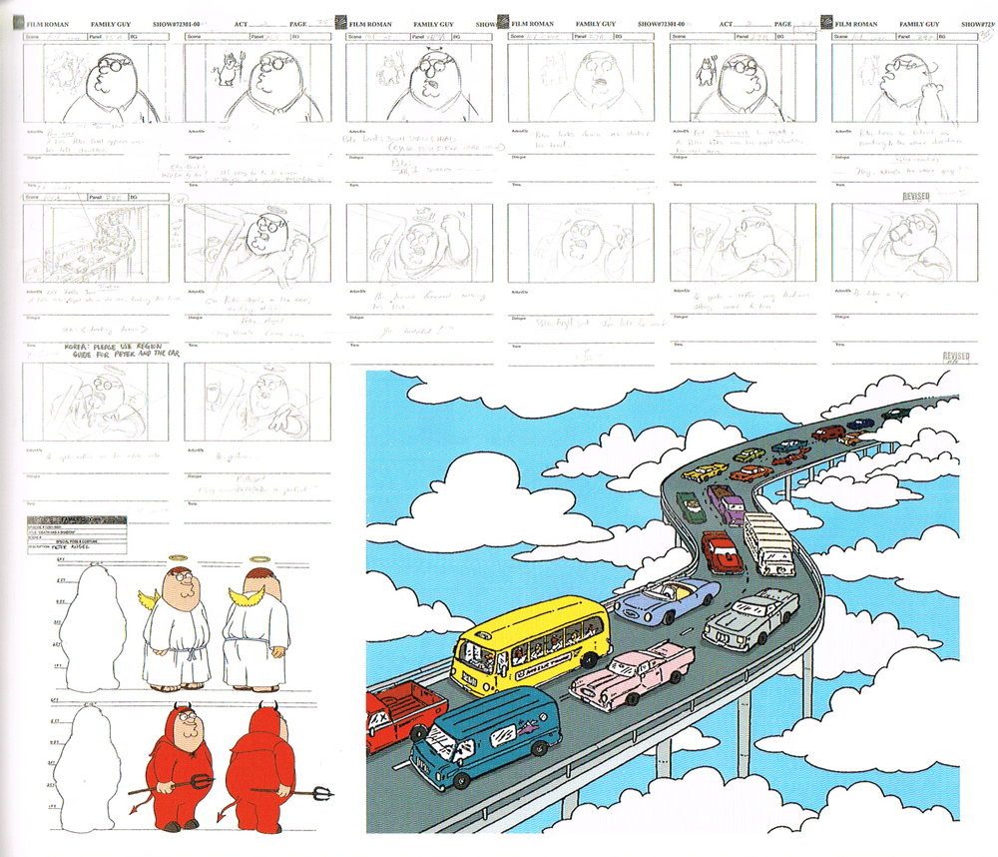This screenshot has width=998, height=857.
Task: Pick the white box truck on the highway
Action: pos(769,542)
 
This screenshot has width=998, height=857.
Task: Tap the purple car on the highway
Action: pos(726,503)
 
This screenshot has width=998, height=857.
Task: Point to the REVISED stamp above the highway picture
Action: pos(956,357)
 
